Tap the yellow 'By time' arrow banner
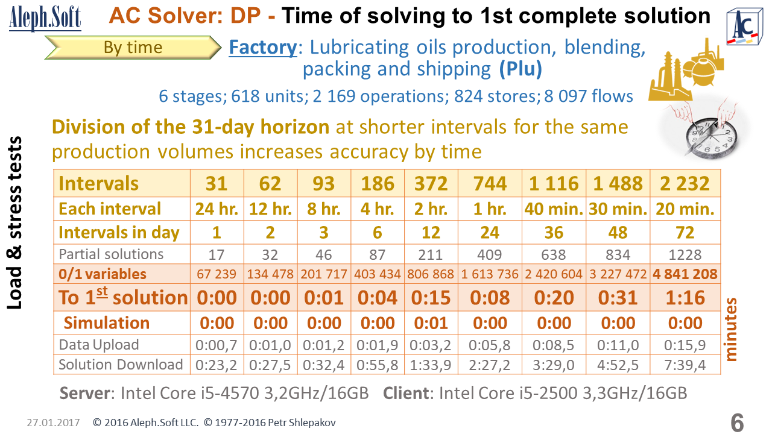tap(133, 48)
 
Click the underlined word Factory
tap(262, 47)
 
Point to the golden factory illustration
tap(685, 71)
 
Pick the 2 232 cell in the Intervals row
tap(685, 183)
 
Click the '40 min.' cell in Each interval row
tap(554, 209)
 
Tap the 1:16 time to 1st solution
tap(685, 297)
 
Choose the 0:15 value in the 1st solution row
tap(431, 297)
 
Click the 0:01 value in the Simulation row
tap(431, 323)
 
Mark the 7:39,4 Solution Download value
tap(685, 365)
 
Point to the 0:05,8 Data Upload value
tap(490, 345)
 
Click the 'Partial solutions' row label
tap(111, 254)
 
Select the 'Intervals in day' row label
tap(119, 232)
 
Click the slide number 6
tap(736, 422)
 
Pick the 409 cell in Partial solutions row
tap(490, 254)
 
